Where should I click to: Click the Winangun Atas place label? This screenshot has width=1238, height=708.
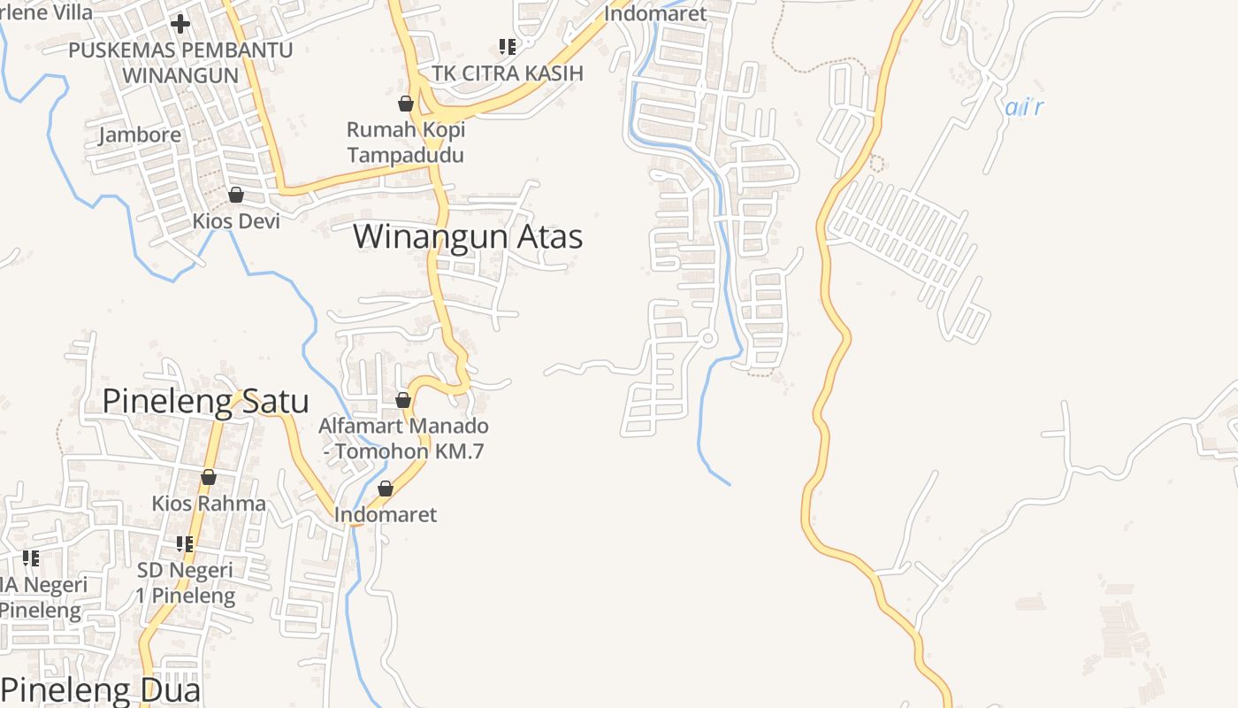tap(468, 237)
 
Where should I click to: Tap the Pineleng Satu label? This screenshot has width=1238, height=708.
tap(205, 401)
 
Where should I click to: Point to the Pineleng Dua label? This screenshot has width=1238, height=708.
tap(102, 690)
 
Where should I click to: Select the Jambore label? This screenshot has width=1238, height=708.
tap(140, 135)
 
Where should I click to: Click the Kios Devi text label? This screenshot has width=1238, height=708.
tap(236, 221)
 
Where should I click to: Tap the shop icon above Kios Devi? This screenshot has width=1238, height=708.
tap(236, 195)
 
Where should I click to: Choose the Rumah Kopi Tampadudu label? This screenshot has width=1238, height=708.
tap(405, 142)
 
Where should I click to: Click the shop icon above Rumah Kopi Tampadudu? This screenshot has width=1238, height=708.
tap(406, 104)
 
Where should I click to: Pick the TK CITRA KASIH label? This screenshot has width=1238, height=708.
tap(507, 73)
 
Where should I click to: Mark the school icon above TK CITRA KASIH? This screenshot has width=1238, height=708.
tap(507, 46)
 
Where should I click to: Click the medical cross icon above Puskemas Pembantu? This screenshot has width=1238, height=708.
tap(180, 24)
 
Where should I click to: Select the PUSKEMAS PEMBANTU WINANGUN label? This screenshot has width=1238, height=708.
tap(180, 62)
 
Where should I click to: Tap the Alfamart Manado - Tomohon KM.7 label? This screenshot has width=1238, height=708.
tap(403, 438)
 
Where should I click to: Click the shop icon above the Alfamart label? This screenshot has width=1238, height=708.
tap(403, 401)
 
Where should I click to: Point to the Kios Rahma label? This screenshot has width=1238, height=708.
tap(209, 504)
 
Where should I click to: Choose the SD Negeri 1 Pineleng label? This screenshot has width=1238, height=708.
tap(185, 582)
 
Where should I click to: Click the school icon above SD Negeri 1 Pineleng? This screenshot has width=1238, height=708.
tap(184, 543)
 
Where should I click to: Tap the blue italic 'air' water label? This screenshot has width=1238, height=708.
tap(1024, 108)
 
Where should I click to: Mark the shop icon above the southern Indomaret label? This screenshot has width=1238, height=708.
tap(386, 489)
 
